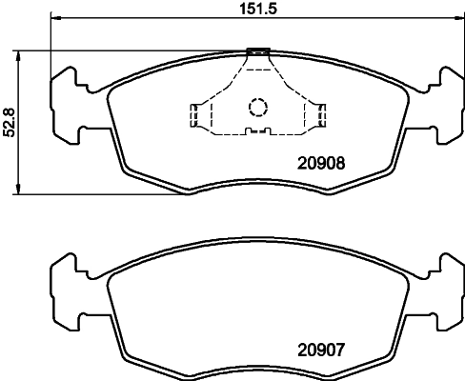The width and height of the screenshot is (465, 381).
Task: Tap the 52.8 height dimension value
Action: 10,123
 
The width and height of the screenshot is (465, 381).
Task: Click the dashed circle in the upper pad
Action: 257,107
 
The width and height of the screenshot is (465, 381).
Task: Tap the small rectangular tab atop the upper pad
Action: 257,51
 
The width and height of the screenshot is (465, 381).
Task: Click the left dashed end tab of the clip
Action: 194,115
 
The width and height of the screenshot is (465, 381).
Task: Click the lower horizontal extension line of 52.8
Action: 95,195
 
